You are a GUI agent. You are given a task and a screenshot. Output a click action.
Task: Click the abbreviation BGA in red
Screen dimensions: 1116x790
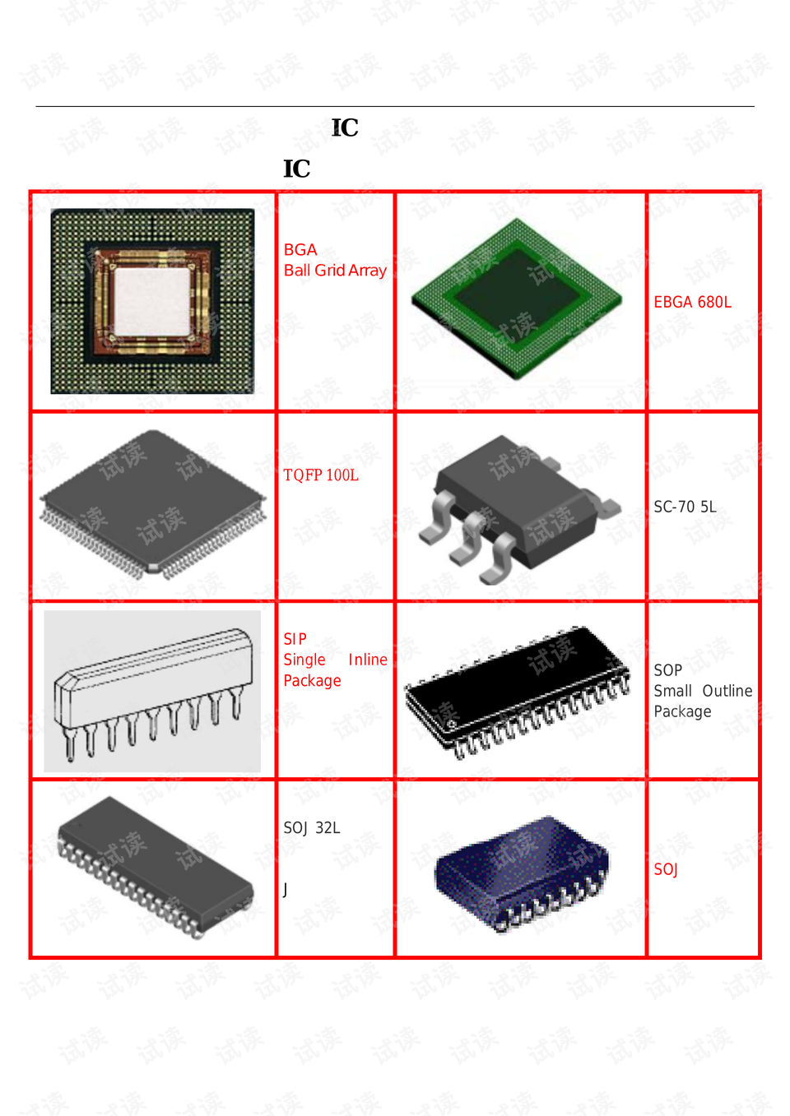coord(300,250)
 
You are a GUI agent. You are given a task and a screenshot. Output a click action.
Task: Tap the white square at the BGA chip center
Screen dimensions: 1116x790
coord(152,301)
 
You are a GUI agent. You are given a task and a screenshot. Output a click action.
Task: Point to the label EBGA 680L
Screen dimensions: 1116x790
coord(692,303)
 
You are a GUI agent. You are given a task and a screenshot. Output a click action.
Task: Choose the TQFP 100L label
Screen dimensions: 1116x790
coord(320,475)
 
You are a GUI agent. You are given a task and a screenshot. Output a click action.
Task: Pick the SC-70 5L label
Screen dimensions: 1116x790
coord(685,507)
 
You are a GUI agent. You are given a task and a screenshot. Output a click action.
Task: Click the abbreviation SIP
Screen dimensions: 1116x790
coord(295,639)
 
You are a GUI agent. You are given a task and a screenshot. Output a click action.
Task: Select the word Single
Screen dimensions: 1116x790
coord(304,660)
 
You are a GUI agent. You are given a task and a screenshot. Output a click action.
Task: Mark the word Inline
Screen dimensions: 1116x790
coord(367,660)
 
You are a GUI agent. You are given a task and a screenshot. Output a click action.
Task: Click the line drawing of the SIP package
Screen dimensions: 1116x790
coord(152,691)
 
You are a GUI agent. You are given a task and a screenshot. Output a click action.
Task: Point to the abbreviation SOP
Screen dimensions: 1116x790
coord(667,671)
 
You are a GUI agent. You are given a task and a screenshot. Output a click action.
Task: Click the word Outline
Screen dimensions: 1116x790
coord(727,692)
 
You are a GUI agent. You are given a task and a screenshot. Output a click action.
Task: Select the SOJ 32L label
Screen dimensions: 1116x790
coord(311,828)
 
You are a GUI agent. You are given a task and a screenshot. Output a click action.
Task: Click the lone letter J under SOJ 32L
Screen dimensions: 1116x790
coord(286,890)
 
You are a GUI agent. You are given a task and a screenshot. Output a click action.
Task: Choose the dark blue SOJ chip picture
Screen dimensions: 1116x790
coord(522,872)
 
